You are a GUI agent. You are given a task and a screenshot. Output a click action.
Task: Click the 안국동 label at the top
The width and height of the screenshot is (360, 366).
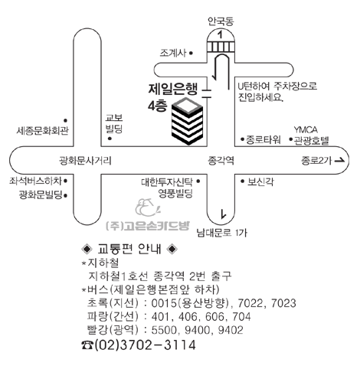tap(221, 21)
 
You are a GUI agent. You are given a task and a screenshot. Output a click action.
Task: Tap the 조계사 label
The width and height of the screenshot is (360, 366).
tap(173, 53)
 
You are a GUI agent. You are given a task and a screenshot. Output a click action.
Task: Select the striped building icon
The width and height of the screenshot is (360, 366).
tap(187, 121)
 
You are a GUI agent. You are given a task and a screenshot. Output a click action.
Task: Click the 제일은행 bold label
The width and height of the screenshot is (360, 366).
tap(173, 89)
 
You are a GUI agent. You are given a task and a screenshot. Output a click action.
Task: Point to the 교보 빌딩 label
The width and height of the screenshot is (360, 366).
tap(114, 123)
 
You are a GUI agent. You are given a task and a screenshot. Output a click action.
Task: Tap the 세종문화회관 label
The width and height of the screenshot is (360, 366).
tap(43, 131)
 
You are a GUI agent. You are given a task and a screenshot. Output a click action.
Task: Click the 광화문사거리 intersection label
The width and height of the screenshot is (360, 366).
tap(85, 161)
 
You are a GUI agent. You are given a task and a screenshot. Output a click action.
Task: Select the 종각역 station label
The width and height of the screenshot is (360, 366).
tap(221, 161)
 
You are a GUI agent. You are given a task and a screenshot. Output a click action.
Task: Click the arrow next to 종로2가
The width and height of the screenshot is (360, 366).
tap(340, 161)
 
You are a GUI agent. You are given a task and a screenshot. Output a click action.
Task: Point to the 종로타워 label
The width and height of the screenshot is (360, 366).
tap(263, 139)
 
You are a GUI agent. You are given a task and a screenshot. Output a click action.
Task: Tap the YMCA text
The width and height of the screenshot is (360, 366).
tap(306, 129)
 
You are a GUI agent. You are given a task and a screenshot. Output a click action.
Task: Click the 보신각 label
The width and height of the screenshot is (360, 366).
tap(260, 181)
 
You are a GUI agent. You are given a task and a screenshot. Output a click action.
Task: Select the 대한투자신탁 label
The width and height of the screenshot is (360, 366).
tap(167, 181)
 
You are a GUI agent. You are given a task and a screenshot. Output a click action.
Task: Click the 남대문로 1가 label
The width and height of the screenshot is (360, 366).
tap(221, 233)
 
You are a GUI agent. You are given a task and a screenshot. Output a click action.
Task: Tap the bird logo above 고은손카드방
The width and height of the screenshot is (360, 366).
tap(148, 208)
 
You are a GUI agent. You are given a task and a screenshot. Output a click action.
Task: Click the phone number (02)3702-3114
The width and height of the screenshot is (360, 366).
tap(145, 345)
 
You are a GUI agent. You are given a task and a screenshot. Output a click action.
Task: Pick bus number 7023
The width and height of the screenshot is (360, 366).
tap(283, 303)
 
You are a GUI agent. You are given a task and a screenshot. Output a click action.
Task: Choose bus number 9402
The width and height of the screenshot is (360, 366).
tap(231, 330)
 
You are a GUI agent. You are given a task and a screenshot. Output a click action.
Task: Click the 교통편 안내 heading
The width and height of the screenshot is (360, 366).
tap(129, 249)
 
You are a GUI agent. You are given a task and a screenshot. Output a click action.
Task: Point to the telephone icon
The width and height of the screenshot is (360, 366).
tap(87, 345)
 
